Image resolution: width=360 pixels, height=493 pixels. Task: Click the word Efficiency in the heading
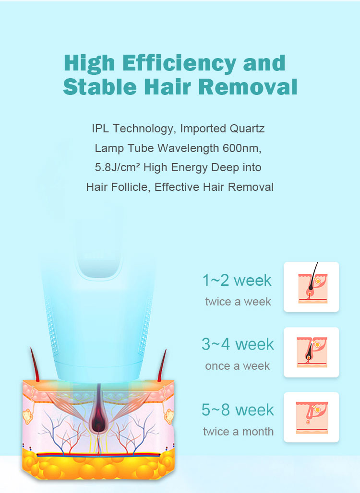tap(179, 64)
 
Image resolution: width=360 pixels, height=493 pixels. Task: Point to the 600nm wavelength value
tap(241, 148)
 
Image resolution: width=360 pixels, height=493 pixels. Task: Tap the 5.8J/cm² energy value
tap(118, 167)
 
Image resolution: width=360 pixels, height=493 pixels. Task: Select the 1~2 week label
tap(237, 280)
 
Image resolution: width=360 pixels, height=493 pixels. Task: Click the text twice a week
tap(238, 302)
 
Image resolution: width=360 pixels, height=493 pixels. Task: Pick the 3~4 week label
tap(238, 344)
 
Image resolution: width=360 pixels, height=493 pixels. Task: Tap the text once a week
tap(237, 366)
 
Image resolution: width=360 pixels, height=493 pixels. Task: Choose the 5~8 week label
tap(238, 410)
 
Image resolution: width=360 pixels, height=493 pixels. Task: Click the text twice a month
tap(238, 432)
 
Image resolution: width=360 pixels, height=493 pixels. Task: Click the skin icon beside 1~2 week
tap(311, 287)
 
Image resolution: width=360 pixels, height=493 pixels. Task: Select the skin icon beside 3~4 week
tap(311, 352)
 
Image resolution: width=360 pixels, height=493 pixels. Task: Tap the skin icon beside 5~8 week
tap(311, 417)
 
